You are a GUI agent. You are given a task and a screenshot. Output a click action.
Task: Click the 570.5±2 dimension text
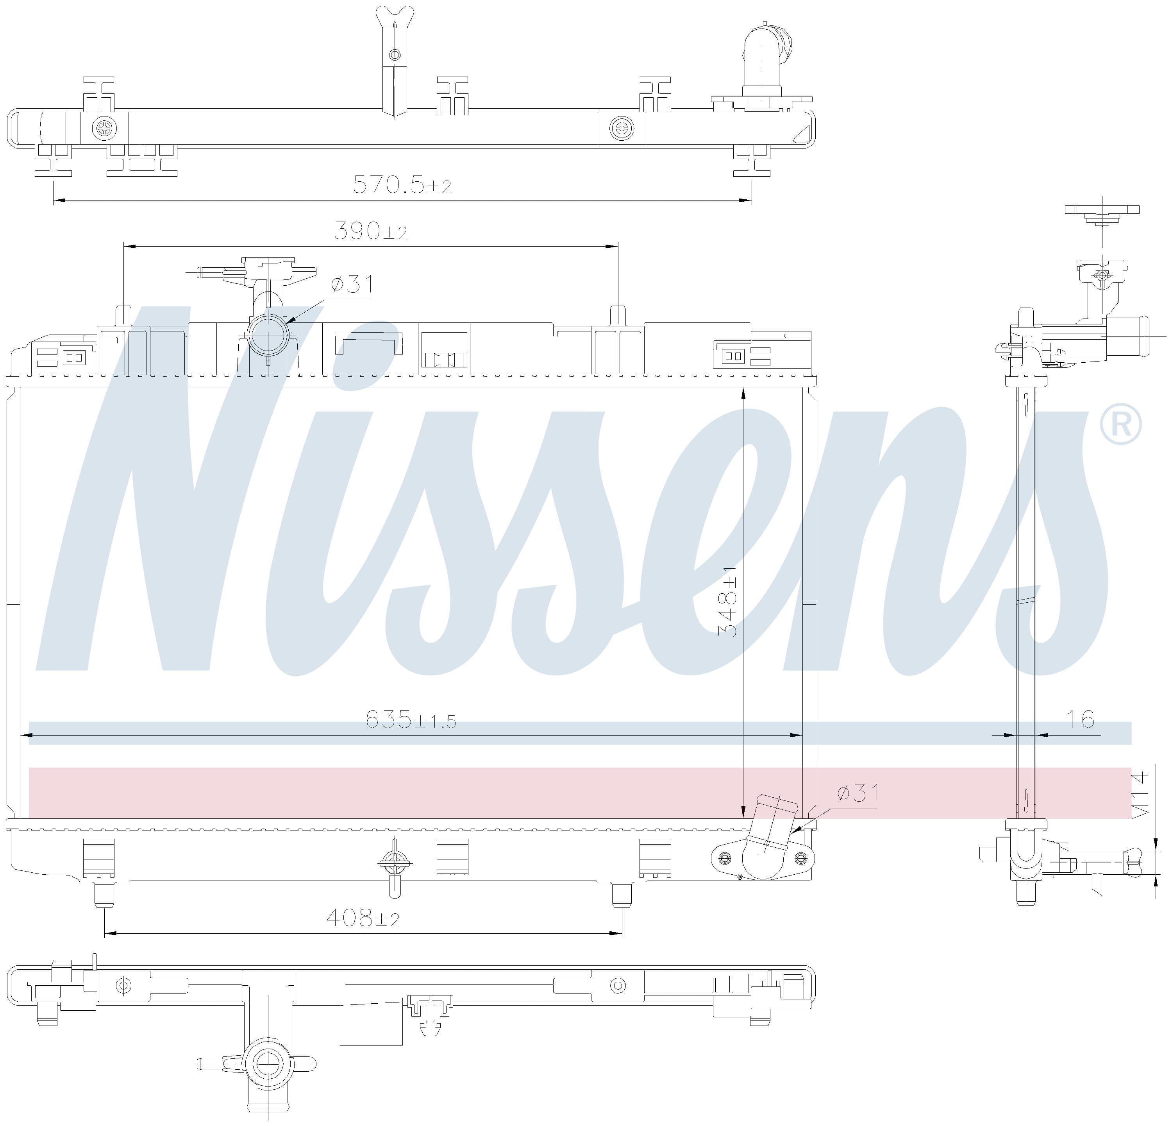coord(402,185)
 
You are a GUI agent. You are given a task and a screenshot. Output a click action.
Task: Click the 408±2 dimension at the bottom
coord(363,918)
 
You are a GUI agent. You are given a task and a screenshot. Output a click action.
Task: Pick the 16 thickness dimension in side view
coord(1081,719)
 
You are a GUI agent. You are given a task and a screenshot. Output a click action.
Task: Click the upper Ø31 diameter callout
coord(352,284)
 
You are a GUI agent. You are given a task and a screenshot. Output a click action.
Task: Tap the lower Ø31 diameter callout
coord(859,793)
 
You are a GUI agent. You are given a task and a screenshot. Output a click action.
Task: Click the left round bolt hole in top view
coord(105,127)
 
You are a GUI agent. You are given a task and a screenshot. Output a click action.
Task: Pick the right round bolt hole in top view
coord(622,127)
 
